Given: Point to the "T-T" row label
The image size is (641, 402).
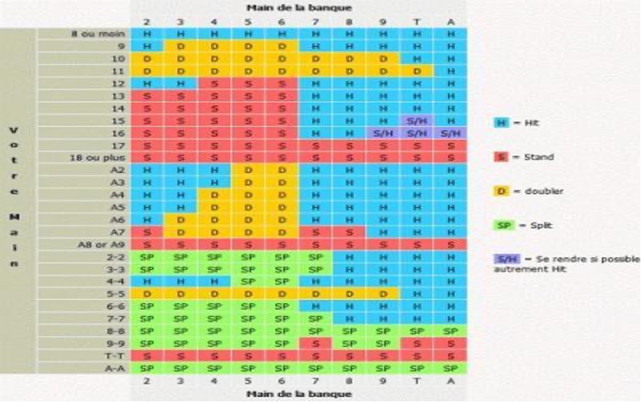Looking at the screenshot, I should [x=116, y=356].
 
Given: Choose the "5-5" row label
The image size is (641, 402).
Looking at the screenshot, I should [x=116, y=293].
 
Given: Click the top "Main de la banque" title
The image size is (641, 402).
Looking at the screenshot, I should [x=298, y=7].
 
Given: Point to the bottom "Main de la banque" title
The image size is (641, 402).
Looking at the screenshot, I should [x=298, y=394].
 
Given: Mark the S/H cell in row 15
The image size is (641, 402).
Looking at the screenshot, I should [x=416, y=121].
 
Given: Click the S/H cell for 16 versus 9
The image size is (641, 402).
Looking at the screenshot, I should [x=383, y=133].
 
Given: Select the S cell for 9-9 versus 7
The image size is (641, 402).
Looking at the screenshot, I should [x=316, y=343].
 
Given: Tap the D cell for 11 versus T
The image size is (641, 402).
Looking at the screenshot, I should [x=416, y=71].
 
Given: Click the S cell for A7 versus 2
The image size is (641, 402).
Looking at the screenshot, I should [x=147, y=232].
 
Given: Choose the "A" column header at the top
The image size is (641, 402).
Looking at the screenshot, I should [x=451, y=21].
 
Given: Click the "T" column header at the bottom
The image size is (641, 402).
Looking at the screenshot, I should [x=416, y=381].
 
